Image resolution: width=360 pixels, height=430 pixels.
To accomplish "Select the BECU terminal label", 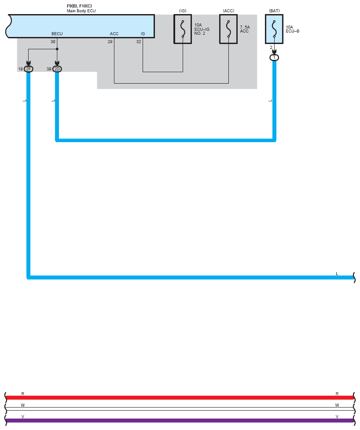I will click(57, 34).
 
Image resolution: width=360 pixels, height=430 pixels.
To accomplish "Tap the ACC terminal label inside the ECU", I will click(114, 34).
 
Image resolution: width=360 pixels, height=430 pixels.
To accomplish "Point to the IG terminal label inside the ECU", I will click(143, 34).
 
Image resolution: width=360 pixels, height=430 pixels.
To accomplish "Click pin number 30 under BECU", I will click(53, 42).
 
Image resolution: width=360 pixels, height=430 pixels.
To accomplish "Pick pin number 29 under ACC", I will click(110, 42).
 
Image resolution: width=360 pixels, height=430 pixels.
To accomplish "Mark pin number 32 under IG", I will click(139, 42).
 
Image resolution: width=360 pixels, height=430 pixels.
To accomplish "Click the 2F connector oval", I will click(29, 69).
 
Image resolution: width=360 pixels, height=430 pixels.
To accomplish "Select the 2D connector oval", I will click(57, 69).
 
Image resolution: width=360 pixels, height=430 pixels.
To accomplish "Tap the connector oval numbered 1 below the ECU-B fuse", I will click(274, 58).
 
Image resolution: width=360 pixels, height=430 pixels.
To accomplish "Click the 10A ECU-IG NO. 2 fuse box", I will click(183, 29).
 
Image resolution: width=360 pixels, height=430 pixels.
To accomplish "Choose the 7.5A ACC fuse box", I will click(228, 29).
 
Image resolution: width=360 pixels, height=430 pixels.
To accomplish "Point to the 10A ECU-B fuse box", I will click(274, 29).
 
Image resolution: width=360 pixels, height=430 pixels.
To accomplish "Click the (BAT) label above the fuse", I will click(274, 10).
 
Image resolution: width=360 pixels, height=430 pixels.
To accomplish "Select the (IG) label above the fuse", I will click(183, 10).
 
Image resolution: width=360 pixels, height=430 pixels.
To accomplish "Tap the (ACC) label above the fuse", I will click(228, 10).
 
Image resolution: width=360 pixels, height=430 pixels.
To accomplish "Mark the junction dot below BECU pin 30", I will click(57, 49).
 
